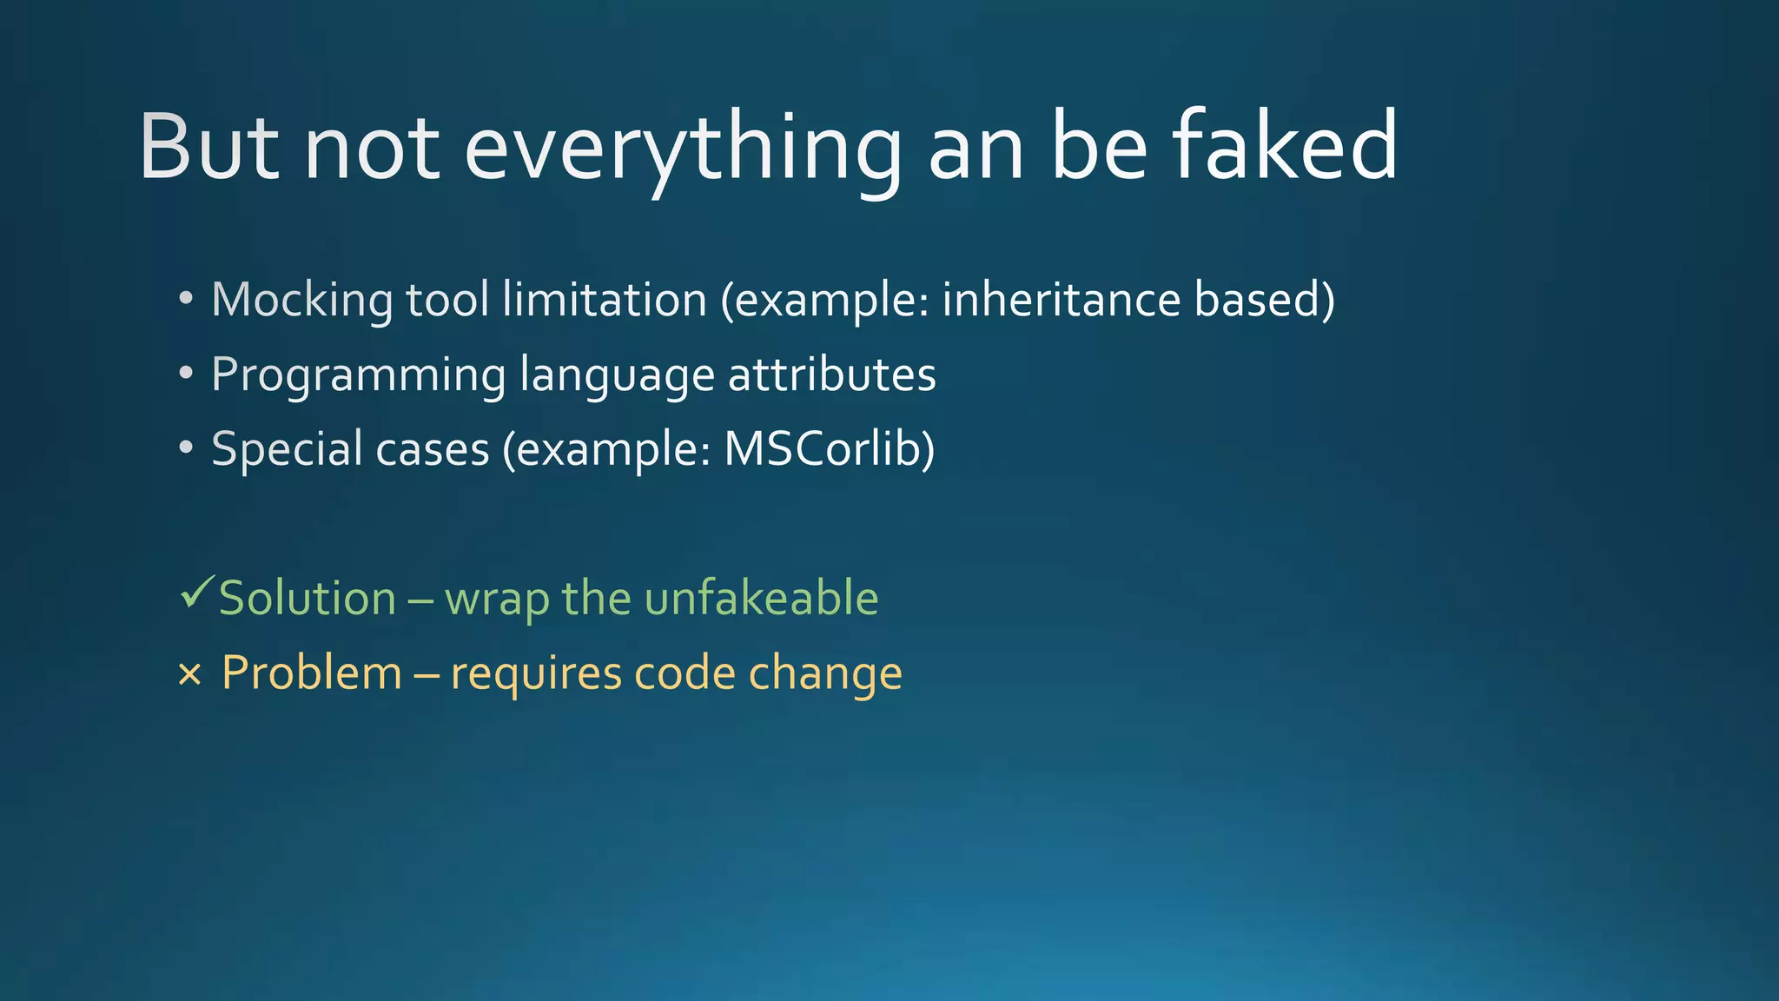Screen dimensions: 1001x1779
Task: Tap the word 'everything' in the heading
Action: pos(683,149)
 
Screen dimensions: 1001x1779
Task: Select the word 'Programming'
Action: pos(358,376)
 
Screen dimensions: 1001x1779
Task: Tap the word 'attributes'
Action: pos(831,375)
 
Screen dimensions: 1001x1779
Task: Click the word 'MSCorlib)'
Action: pos(830,449)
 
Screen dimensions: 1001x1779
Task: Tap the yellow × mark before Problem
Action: pos(189,674)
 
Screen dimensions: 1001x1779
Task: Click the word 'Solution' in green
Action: pos(308,599)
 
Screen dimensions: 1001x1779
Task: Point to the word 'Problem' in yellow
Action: pos(312,673)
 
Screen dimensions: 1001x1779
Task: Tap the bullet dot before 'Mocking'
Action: pos(185,299)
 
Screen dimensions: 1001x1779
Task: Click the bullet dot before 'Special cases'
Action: pos(185,448)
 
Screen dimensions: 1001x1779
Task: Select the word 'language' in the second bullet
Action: pos(617,376)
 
